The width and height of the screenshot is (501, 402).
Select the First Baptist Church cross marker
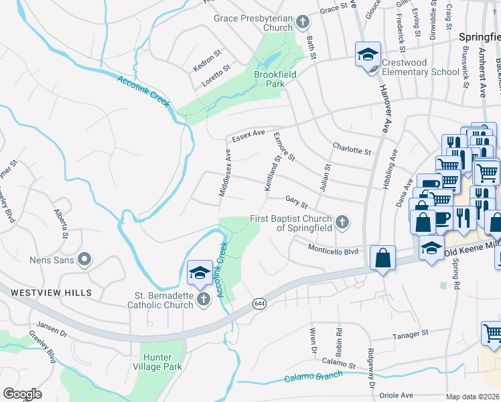point(342,222)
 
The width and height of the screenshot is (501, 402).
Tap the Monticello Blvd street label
point(334,251)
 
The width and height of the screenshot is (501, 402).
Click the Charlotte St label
point(352,149)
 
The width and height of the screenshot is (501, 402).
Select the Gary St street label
point(295,201)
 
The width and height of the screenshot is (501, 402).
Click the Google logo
point(22,394)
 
